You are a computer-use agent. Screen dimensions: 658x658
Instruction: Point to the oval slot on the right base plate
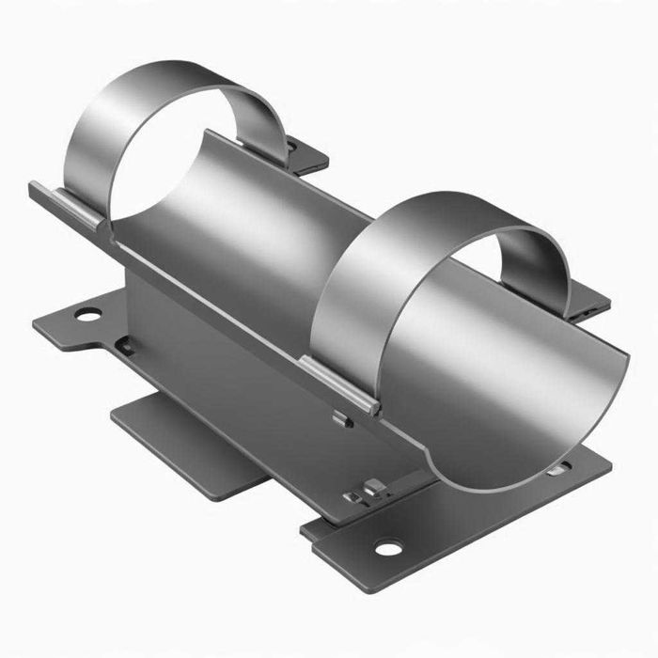(558, 467)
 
